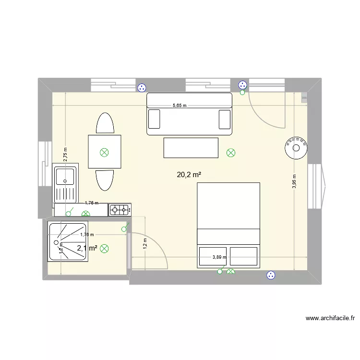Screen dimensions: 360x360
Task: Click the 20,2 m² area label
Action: (x=189, y=175)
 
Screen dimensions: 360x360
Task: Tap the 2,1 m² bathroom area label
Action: (x=87, y=248)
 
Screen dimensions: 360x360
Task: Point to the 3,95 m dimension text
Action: (x=294, y=182)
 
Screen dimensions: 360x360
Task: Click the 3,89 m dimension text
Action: (x=219, y=257)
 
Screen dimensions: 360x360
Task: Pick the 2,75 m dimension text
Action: (x=65, y=153)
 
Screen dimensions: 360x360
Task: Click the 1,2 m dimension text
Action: (x=144, y=243)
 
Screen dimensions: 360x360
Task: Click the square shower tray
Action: (x=67, y=241)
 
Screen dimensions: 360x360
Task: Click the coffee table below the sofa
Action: (x=191, y=147)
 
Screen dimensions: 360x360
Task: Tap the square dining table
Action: (x=104, y=152)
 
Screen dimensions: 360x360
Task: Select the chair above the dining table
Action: (x=105, y=124)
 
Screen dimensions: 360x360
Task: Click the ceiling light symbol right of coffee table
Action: (x=231, y=153)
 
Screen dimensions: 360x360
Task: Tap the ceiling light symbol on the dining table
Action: (x=104, y=153)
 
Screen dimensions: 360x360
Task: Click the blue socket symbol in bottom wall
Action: (x=271, y=275)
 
